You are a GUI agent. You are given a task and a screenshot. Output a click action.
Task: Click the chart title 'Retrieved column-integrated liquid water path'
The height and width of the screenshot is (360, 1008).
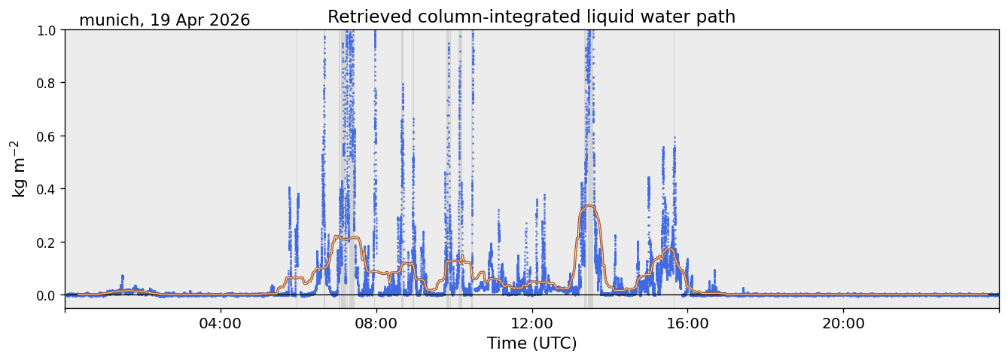coord(531,17)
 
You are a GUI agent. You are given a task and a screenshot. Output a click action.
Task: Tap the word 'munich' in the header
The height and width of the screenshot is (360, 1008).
coord(109,20)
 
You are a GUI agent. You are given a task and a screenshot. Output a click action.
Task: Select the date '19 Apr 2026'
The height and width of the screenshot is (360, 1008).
coord(200,20)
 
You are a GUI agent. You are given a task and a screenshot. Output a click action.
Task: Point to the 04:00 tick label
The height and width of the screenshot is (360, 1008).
coord(221,324)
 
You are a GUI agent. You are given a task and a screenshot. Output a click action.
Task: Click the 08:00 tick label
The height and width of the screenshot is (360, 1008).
coord(376,324)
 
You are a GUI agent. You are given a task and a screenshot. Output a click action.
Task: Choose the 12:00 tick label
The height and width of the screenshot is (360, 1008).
coord(532,324)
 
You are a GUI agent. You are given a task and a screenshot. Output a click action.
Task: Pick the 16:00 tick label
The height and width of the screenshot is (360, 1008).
coord(687,324)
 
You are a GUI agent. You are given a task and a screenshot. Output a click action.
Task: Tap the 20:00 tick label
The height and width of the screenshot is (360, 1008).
coord(843,324)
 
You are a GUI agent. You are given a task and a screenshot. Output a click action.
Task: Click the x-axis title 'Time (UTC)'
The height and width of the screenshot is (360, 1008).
coord(532,343)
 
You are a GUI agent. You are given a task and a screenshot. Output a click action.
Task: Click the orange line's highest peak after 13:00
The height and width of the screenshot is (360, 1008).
coord(589,206)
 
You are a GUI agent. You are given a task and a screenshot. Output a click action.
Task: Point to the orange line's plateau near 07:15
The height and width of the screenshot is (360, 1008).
coord(347,237)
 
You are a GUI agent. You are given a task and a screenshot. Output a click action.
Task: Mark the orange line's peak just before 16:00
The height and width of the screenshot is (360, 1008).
coord(669,249)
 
